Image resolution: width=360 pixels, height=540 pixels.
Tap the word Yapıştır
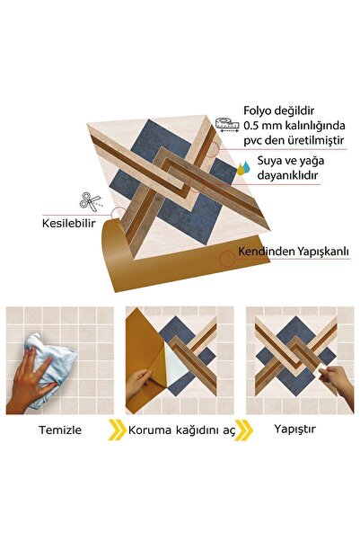tap(294, 429)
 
